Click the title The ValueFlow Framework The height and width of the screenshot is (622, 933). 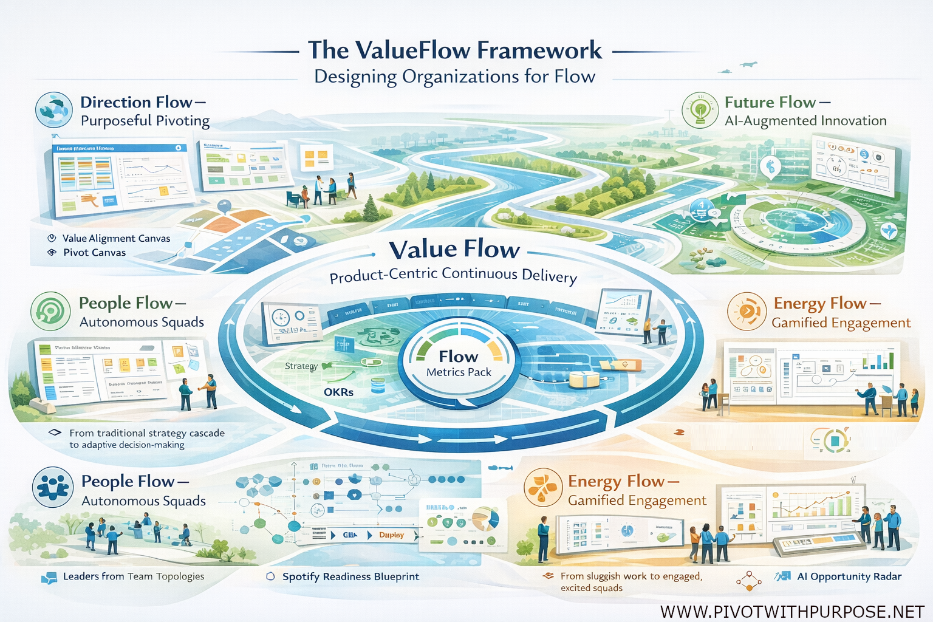tap(454, 50)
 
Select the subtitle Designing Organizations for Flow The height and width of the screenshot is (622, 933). tap(454, 77)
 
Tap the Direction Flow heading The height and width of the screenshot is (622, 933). tap(143, 102)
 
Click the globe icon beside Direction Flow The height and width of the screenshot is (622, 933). tap(54, 110)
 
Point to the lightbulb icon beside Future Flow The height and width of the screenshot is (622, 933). tap(700, 110)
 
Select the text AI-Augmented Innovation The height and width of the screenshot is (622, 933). tap(805, 121)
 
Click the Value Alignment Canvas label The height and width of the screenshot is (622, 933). tap(116, 239)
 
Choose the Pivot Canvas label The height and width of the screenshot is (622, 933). tap(94, 253)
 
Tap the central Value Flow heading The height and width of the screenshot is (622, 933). tap(454, 250)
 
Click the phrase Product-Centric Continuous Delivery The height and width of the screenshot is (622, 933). tap(453, 275)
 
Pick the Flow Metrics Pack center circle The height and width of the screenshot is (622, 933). tap(459, 363)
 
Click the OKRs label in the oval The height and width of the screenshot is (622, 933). tap(338, 392)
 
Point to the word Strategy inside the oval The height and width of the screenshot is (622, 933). tap(301, 366)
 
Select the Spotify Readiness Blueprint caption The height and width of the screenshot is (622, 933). tap(350, 576)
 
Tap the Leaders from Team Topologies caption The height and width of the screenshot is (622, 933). tap(134, 576)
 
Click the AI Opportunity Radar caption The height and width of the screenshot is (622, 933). tap(849, 576)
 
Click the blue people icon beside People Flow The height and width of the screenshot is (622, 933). tap(53, 487)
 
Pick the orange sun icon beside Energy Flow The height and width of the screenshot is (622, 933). tap(747, 311)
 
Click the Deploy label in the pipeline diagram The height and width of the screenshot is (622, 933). tap(391, 535)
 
